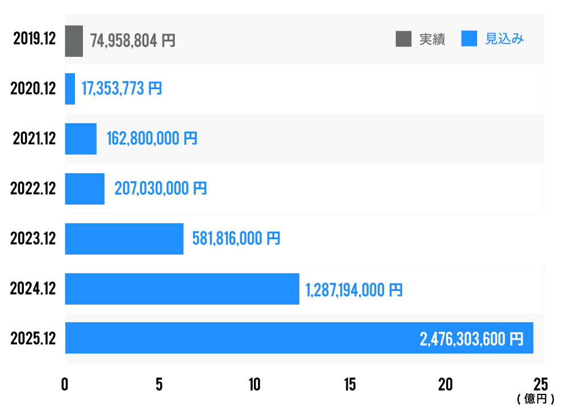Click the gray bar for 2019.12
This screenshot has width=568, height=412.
(74, 41)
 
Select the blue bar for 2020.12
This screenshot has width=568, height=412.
(70, 89)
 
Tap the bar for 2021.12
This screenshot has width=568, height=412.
(81, 139)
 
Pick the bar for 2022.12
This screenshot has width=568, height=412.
(85, 189)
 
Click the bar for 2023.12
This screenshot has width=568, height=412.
(124, 239)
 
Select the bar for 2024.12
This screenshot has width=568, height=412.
(182, 289)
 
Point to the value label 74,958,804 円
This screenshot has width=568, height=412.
(133, 41)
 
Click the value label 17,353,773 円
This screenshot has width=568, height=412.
(122, 89)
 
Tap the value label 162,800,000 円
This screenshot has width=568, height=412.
(152, 139)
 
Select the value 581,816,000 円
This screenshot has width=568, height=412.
(236, 239)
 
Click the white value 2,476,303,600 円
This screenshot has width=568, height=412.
(471, 339)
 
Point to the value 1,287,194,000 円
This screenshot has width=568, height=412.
(354, 290)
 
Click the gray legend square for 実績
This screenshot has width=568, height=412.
(403, 39)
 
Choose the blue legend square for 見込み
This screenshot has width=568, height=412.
(469, 39)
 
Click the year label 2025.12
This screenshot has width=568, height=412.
(33, 339)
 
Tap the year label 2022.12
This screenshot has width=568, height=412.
(33, 189)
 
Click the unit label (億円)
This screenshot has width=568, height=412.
(536, 399)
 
